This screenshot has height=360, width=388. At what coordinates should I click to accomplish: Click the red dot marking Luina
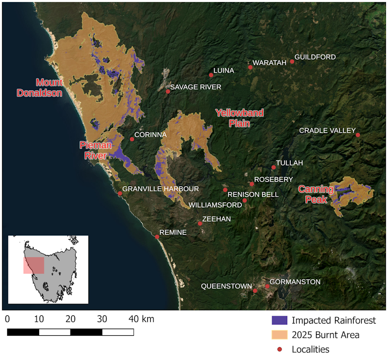(x=211, y=75)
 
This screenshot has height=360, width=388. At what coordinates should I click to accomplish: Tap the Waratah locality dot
(x=251, y=67)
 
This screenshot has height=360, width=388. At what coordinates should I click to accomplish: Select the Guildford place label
(x=315, y=57)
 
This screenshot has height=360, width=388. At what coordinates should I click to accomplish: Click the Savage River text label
(x=196, y=87)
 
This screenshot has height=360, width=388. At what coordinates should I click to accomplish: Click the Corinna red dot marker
(x=132, y=139)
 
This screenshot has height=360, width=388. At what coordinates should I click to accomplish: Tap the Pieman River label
(x=93, y=150)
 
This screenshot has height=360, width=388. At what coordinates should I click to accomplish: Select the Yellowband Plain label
(x=239, y=118)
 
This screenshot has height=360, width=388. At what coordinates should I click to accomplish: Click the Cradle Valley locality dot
(x=358, y=135)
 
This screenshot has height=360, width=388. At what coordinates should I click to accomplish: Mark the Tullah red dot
(x=274, y=167)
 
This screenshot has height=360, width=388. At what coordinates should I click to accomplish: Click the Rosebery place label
(x=274, y=179)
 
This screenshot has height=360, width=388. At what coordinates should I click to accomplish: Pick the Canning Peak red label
(x=316, y=194)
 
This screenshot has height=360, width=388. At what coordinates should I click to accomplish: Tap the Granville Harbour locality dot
(x=120, y=193)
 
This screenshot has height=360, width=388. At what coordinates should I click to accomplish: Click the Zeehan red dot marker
(x=200, y=223)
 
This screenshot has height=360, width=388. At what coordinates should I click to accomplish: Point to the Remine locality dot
(x=157, y=237)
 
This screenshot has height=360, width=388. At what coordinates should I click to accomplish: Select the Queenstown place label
(x=226, y=286)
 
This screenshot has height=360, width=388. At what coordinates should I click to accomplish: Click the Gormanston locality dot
(x=267, y=286)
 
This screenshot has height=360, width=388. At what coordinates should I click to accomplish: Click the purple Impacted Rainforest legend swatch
(x=279, y=320)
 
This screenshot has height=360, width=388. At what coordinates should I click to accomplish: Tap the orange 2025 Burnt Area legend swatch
(x=279, y=335)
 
